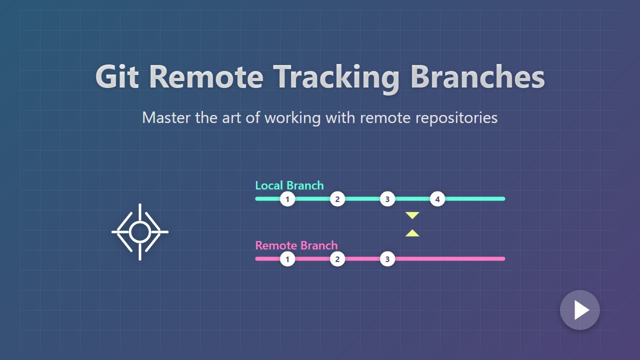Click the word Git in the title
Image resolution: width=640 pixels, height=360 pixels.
click(x=116, y=77)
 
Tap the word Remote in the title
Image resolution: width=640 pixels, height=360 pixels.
click(x=206, y=77)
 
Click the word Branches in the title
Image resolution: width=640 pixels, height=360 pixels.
click(x=477, y=77)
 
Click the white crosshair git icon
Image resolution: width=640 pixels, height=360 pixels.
click(x=139, y=232)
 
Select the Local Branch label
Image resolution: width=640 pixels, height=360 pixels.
click(x=289, y=185)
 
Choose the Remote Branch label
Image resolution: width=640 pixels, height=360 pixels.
click(x=296, y=245)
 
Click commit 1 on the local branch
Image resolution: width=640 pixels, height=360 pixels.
click(x=287, y=199)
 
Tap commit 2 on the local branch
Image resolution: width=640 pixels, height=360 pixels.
click(x=337, y=199)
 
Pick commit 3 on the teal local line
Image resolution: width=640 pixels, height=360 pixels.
click(x=387, y=199)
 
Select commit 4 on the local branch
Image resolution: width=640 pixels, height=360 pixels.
click(x=437, y=199)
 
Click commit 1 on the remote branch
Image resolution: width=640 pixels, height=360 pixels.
click(x=287, y=259)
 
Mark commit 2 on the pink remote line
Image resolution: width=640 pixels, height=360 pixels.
click(x=337, y=259)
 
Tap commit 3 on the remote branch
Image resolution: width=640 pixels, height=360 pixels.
click(x=387, y=259)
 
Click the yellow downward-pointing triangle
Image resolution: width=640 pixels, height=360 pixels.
click(x=412, y=215)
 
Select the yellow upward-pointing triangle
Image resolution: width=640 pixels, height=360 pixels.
click(x=412, y=233)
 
